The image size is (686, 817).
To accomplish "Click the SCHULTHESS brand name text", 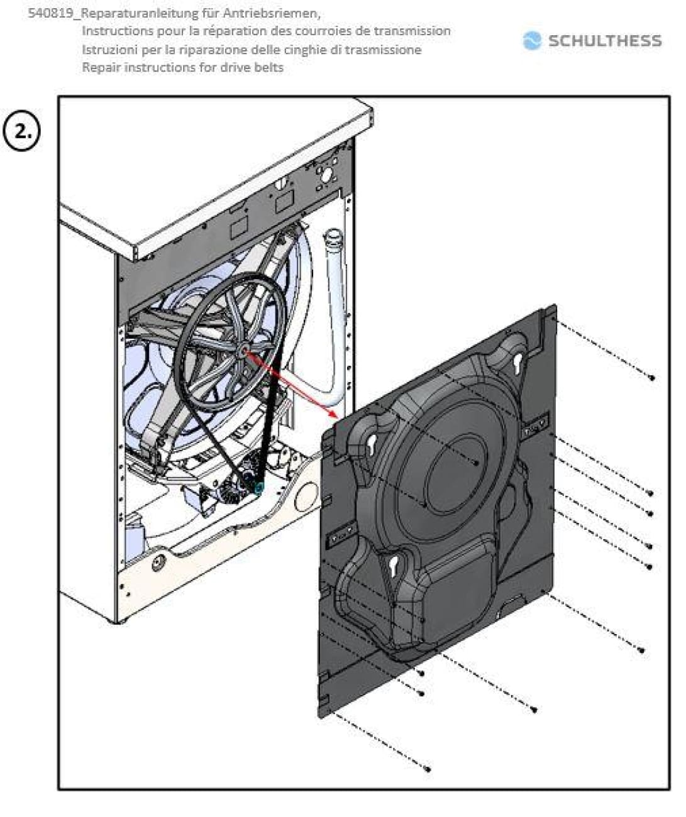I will [x=604, y=41].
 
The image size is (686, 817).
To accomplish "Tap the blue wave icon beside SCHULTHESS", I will [x=532, y=41].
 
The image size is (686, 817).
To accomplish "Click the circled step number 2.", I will [x=22, y=132].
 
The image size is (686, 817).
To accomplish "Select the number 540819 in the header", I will [x=50, y=13].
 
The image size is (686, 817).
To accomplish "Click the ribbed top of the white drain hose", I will [x=332, y=239].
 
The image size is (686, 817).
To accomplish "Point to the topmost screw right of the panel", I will [x=651, y=378].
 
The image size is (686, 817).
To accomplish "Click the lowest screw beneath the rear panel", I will [x=428, y=768].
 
